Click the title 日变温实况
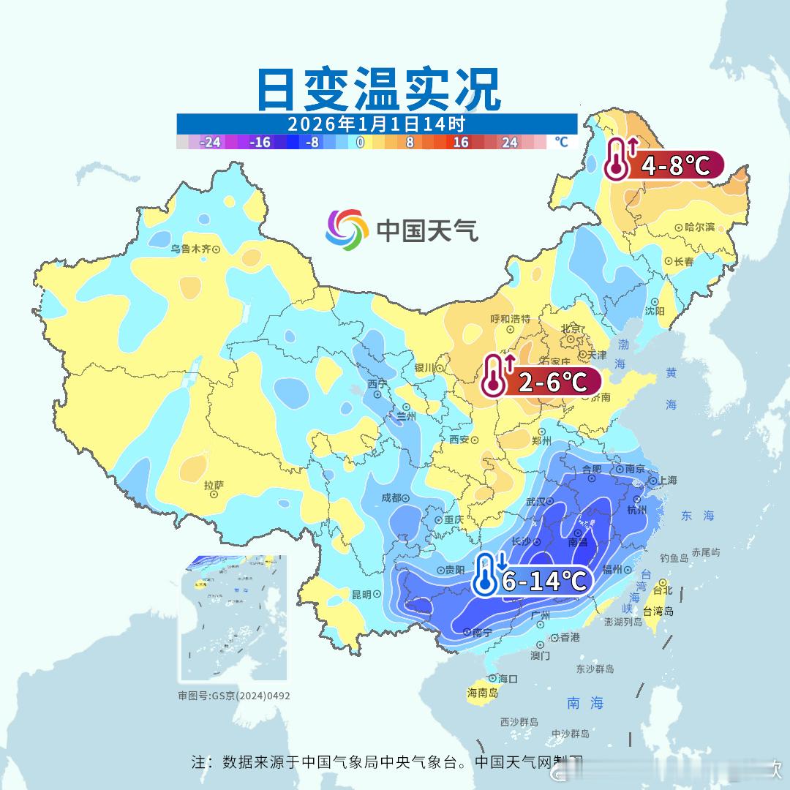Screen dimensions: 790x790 click(x=379, y=89)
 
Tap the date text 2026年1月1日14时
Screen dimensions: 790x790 click(x=376, y=124)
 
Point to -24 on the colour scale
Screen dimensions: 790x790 click(x=211, y=143)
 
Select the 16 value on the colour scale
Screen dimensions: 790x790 click(x=460, y=143)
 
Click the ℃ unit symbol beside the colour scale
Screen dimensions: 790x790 click(x=561, y=142)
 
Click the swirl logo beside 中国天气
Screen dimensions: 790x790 click(x=347, y=229)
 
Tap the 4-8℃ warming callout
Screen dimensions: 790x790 click(x=664, y=165)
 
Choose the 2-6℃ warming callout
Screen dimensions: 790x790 click(x=541, y=381)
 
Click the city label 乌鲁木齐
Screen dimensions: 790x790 click(x=190, y=249)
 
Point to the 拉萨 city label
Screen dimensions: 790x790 click(x=214, y=485)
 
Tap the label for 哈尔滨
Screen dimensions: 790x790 click(x=699, y=227)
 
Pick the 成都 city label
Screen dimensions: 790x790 click(x=391, y=498)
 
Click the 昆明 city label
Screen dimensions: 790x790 click(x=361, y=594)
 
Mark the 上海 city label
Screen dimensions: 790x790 click(x=667, y=481)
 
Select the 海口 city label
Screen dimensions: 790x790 click(x=507, y=679)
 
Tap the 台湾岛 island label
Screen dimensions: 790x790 click(x=658, y=612)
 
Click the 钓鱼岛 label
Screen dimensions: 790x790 click(x=674, y=558)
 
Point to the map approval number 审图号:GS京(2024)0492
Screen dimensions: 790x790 click(x=234, y=696)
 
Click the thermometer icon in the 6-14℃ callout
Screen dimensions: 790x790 click(x=486, y=574)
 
